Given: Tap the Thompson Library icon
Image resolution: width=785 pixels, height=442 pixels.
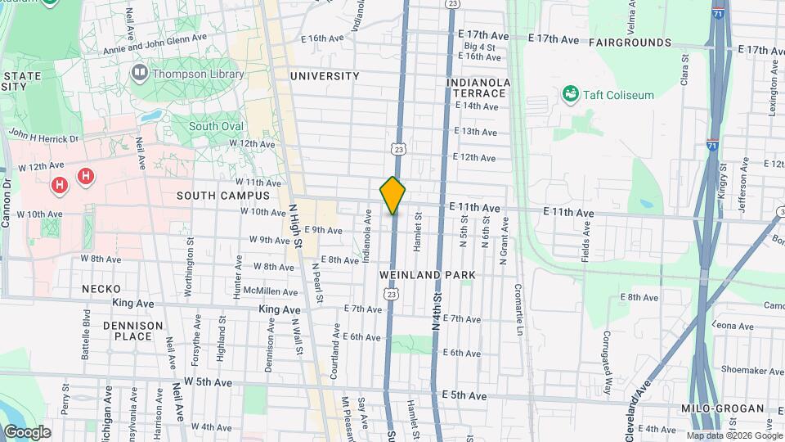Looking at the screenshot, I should [x=139, y=74].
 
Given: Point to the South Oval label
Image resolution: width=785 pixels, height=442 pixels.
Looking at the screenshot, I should [x=216, y=126].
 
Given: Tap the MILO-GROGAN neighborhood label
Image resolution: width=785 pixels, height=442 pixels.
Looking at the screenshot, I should [x=720, y=408].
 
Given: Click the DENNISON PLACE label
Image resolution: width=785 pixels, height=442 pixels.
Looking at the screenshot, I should [x=132, y=331].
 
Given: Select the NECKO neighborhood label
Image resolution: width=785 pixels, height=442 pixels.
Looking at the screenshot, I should [x=101, y=289].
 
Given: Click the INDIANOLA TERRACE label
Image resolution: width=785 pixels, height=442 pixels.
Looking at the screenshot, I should [x=478, y=88].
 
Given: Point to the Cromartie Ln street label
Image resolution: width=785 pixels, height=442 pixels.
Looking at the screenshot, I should [x=518, y=310].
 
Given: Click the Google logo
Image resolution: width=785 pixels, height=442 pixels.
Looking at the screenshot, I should [x=26, y=432].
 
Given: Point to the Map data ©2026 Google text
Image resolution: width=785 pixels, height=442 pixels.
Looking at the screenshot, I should [x=733, y=435].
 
